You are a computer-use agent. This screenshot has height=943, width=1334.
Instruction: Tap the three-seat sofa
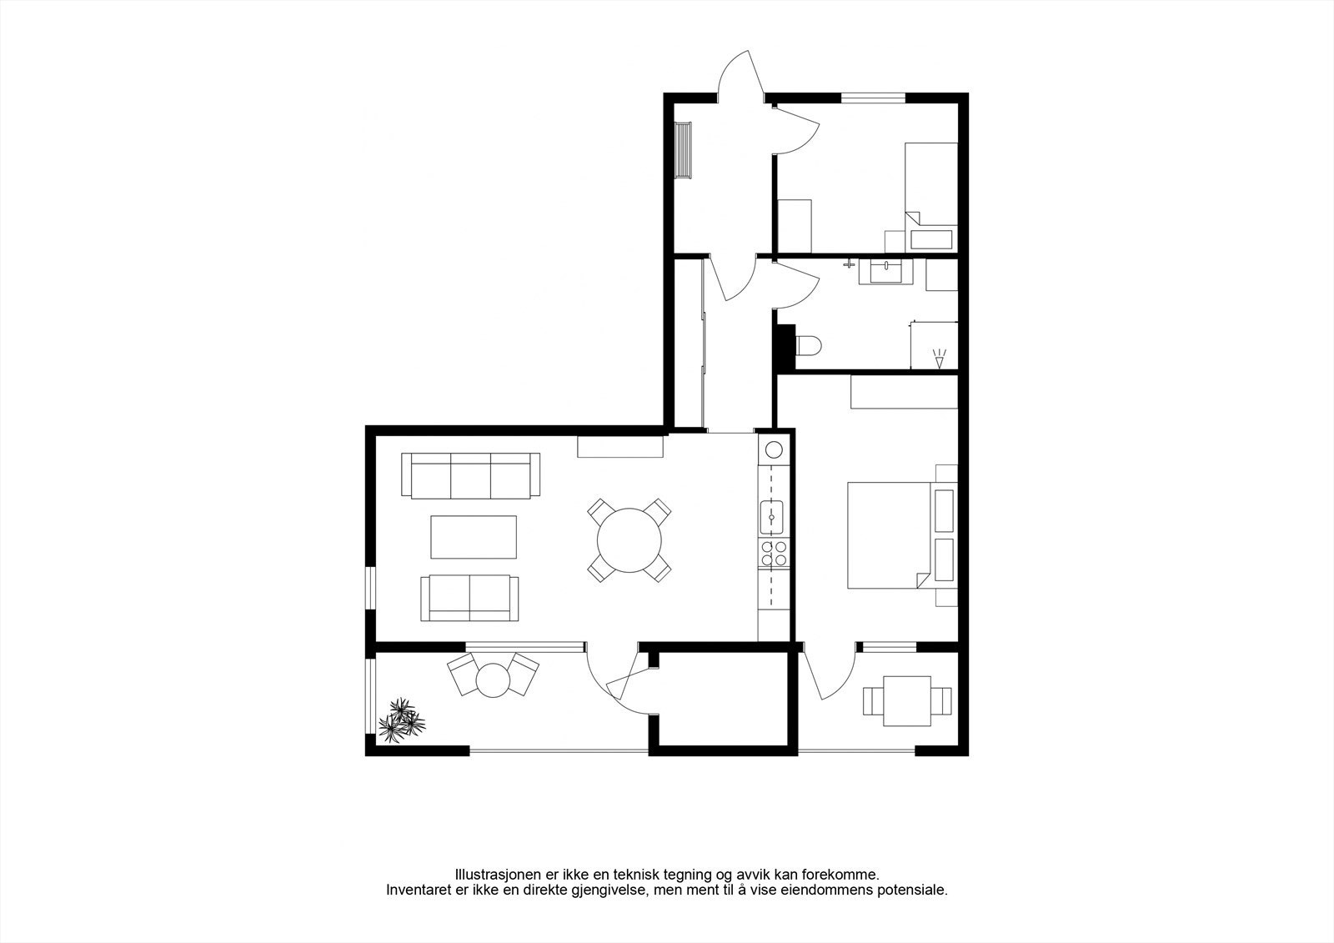(470, 476)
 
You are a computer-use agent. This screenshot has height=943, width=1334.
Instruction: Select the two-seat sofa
(469, 598)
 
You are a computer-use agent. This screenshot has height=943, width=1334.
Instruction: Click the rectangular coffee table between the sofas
(473, 537)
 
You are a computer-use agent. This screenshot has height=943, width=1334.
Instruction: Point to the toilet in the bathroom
(810, 344)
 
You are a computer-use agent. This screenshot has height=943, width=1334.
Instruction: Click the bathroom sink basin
(885, 272)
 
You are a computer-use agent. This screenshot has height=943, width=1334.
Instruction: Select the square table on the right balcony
(908, 700)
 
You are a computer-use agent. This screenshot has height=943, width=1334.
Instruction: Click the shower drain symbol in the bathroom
(940, 359)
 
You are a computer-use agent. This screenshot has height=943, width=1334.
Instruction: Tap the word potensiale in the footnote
(916, 890)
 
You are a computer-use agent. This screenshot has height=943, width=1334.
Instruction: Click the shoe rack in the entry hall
(684, 150)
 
